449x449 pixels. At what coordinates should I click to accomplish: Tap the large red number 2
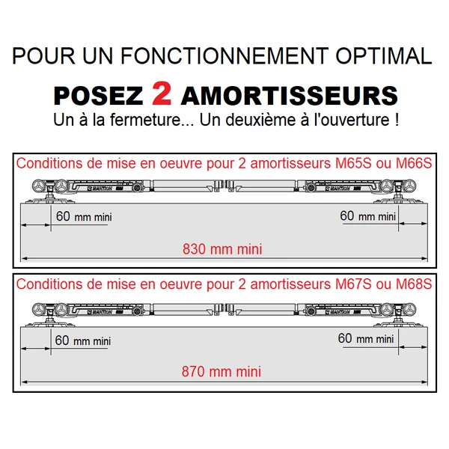pos(162,93)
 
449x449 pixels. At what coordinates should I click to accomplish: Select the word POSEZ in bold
pos(99,95)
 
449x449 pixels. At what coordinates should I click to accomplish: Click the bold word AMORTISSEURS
pos(289,95)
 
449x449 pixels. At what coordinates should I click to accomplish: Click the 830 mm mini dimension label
pos(222,249)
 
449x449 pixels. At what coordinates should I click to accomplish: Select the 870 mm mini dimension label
pos(222,371)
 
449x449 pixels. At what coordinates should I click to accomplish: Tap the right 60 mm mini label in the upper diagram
pos(367,216)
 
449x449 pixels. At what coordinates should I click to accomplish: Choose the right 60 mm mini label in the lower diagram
pos(365,338)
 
